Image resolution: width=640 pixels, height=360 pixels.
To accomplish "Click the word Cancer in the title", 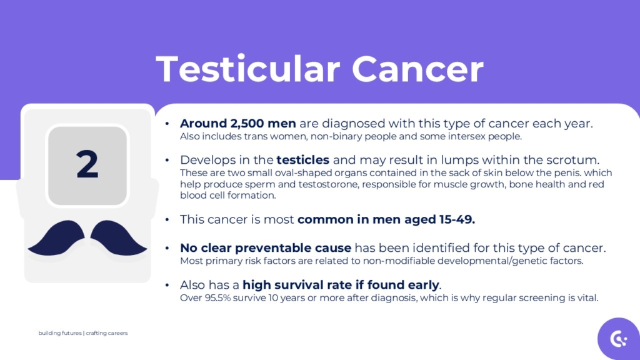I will coord(417,69).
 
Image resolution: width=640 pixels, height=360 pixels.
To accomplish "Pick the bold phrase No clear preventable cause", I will coord(265,248).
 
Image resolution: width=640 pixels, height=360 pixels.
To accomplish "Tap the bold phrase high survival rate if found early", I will coord(341,285).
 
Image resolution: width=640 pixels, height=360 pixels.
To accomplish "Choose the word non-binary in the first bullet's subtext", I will coord(340,136).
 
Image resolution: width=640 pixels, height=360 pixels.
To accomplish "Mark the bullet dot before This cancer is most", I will coord(167,220).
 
